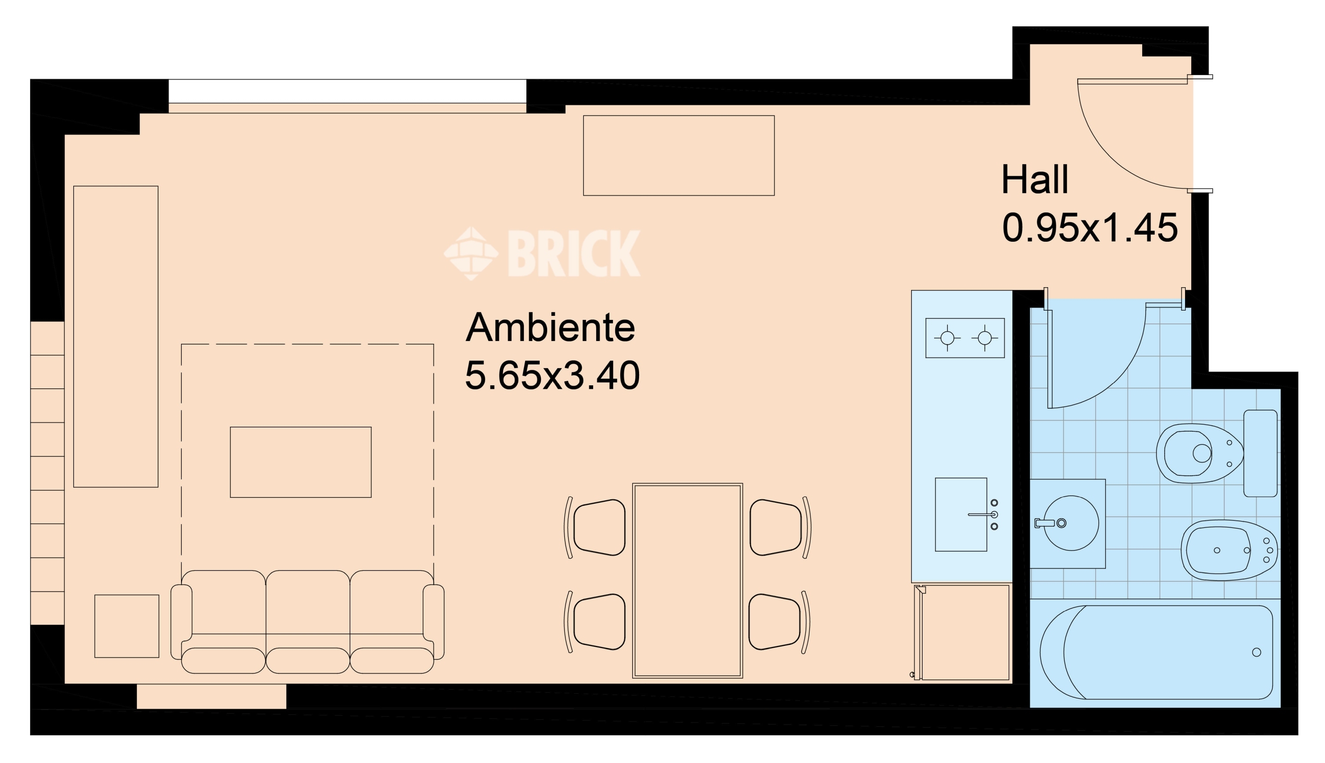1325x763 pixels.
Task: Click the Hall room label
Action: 1034,179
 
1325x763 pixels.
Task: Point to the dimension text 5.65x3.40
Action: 553,375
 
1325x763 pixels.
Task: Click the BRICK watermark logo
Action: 542,253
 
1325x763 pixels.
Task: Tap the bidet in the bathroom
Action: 1229,550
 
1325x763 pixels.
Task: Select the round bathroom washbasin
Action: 1071,523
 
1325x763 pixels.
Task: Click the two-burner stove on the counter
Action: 965,338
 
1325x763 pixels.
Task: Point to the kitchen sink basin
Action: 961,515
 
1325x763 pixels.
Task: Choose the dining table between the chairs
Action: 688,581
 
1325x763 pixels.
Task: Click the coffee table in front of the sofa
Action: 301,462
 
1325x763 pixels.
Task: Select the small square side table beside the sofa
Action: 127,626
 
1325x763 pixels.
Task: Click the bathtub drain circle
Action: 1257,653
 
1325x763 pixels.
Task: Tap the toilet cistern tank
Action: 1261,453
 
